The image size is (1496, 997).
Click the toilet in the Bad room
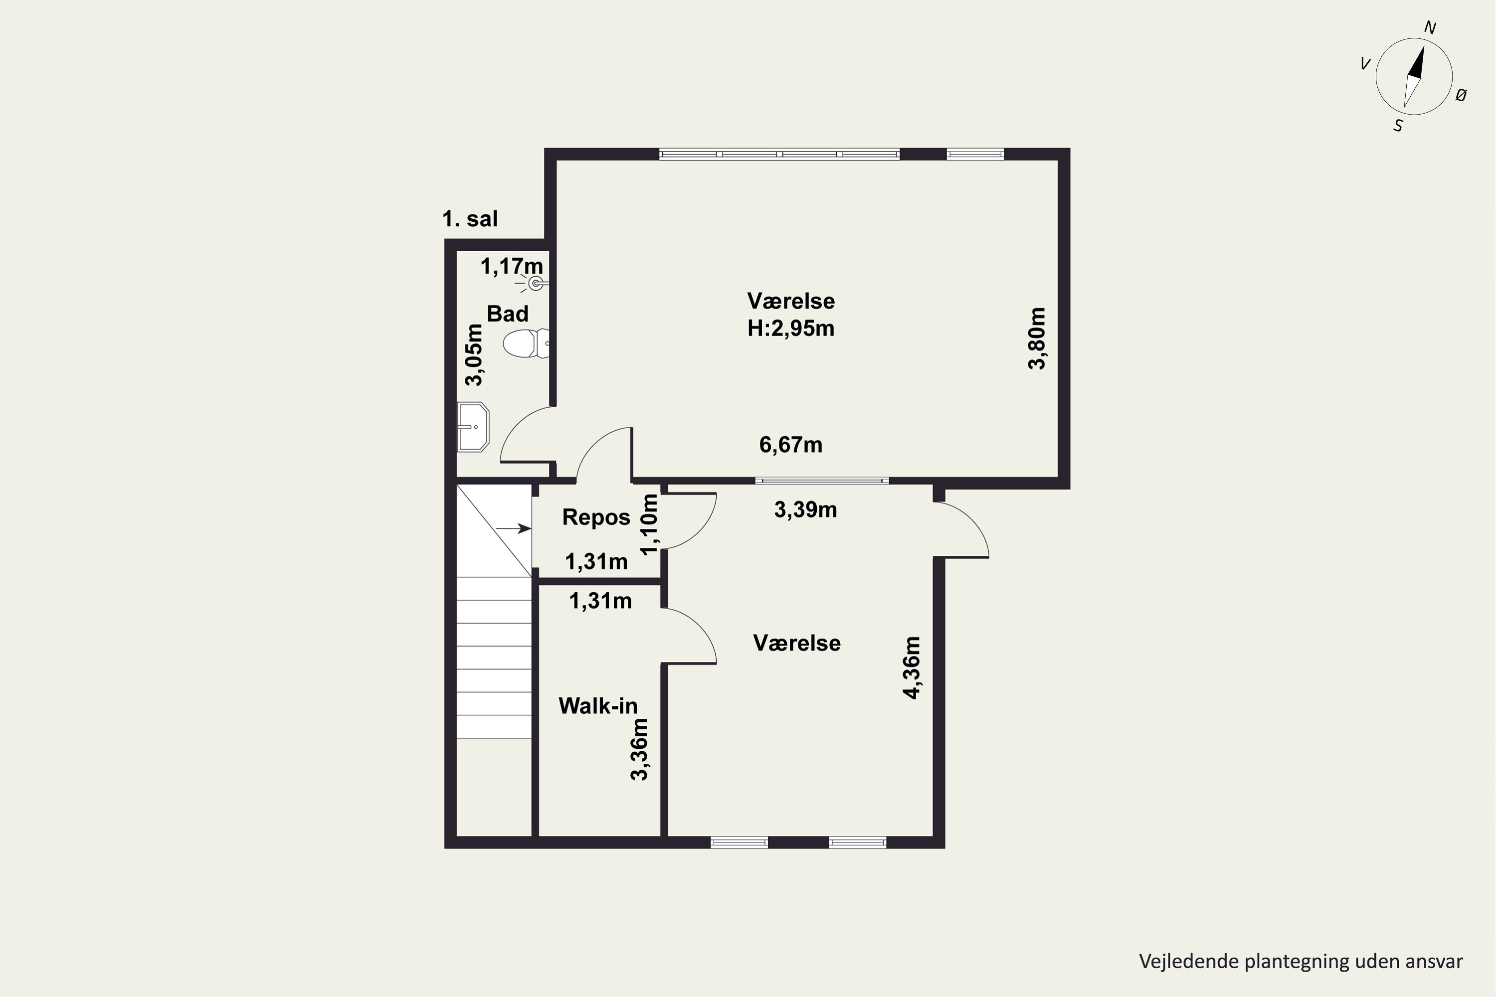[x=526, y=344]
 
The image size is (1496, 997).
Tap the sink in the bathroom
[x=473, y=427]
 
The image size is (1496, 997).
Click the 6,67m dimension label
[x=790, y=445]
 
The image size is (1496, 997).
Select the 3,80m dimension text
[x=1037, y=338]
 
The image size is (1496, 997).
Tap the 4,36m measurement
[x=912, y=667]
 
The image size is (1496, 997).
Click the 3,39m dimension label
[x=805, y=509]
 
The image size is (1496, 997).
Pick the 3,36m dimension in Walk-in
[x=639, y=749]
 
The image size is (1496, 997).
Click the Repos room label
[x=596, y=517]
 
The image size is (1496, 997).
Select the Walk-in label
[x=598, y=706]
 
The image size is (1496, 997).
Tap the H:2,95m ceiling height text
[x=790, y=328]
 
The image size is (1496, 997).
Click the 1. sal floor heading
[x=470, y=219]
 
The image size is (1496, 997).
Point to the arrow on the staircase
[x=513, y=528]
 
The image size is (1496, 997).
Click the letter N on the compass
[x=1430, y=27]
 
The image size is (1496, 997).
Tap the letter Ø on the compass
[x=1462, y=95]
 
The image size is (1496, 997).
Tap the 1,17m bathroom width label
[x=512, y=266]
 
